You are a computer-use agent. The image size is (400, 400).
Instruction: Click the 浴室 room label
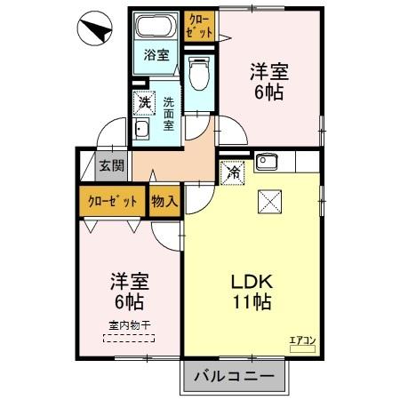pos(156,55)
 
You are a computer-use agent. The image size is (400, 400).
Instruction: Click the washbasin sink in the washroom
pos(142,132)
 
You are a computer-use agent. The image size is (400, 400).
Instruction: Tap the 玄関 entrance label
pos(111,165)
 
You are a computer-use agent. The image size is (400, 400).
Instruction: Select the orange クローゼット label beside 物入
pos(112,201)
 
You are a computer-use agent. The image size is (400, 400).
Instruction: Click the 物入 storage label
pos(164,201)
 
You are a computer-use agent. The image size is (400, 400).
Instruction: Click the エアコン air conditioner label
pos(302,339)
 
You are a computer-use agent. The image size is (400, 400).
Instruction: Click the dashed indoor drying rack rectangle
pos(129,338)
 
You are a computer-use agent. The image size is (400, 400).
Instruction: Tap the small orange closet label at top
pos(200,24)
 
